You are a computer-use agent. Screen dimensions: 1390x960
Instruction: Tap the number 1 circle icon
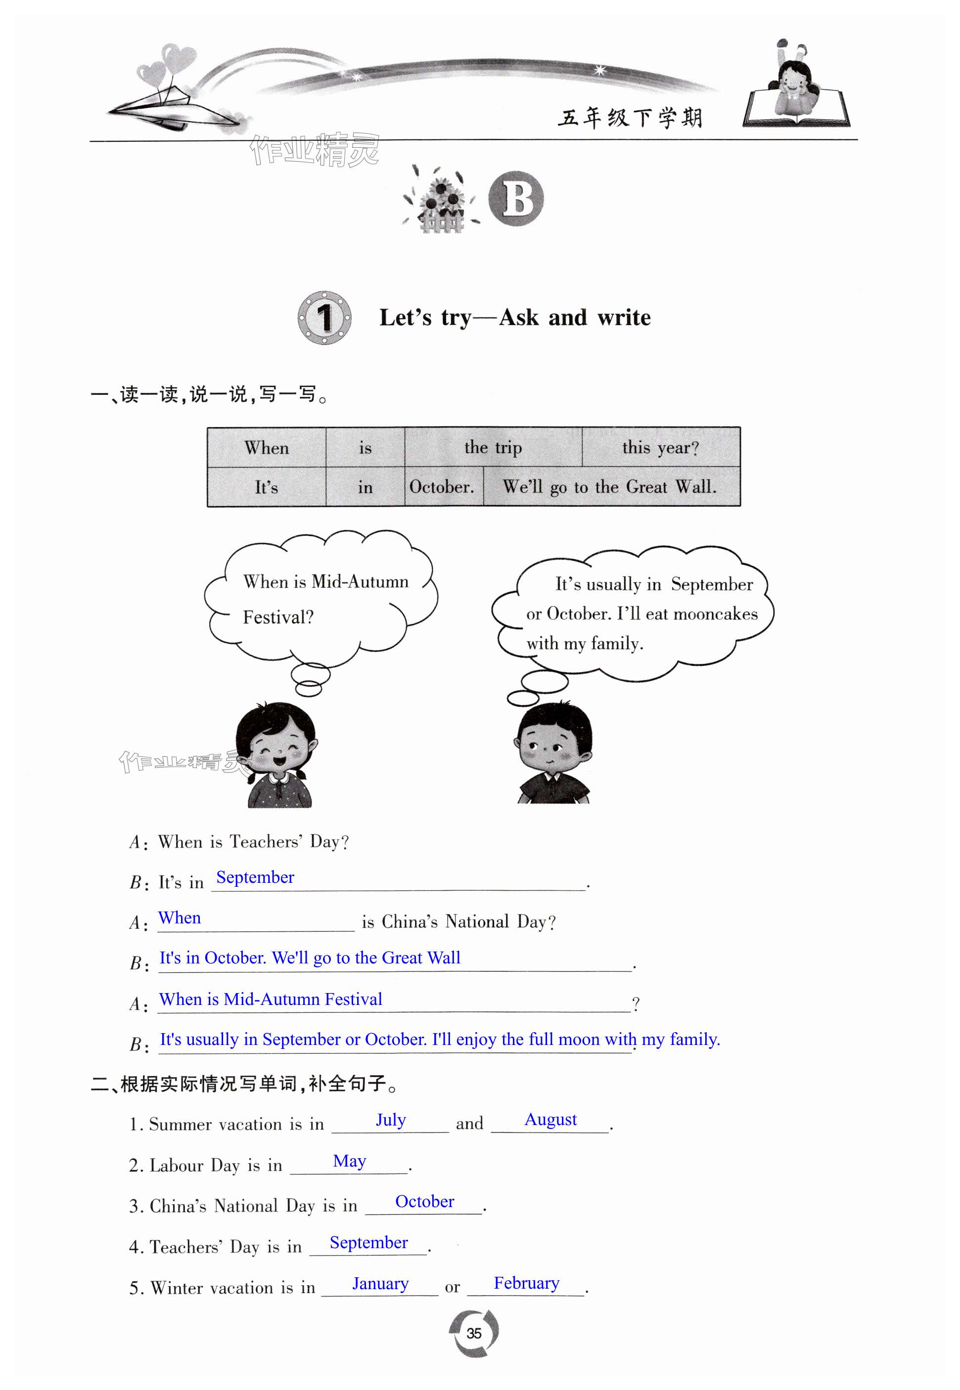(x=324, y=317)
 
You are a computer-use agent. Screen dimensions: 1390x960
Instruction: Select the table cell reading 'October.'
(x=442, y=486)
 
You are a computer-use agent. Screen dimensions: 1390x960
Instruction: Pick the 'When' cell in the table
(x=267, y=448)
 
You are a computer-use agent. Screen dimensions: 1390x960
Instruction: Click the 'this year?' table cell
(x=660, y=448)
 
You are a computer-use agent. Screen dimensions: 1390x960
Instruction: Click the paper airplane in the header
(x=175, y=108)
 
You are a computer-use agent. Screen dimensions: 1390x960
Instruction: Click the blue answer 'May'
(x=350, y=1161)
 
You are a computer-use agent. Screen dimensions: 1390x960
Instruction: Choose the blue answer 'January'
(x=380, y=1284)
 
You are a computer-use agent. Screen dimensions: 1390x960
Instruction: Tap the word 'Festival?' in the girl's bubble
(x=278, y=617)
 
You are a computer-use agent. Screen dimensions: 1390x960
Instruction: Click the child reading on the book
(x=795, y=84)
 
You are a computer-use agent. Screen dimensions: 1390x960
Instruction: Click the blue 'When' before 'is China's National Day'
(x=179, y=918)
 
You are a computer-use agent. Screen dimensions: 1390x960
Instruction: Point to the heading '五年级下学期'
(x=630, y=118)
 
